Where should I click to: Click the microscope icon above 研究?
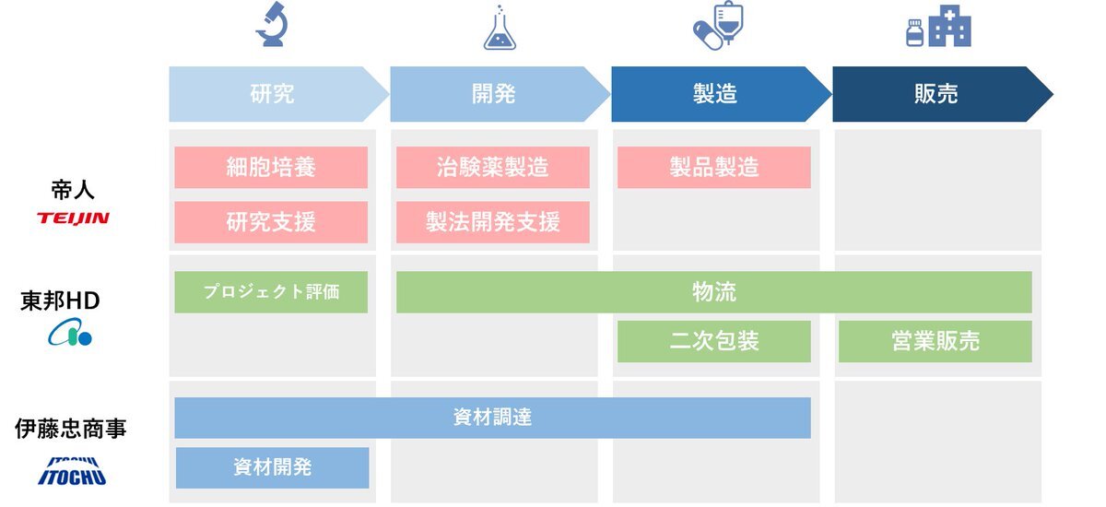(272, 24)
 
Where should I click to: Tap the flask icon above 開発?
(500, 28)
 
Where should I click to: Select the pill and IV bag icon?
(718, 26)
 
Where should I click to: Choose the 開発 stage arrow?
(500, 94)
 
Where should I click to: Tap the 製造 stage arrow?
(721, 94)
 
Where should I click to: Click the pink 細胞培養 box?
(271, 168)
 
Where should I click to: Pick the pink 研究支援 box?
(271, 222)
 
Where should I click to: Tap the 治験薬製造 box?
(493, 168)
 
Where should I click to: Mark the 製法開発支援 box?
(493, 222)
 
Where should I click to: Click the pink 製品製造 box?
(714, 168)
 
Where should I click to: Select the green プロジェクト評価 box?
(271, 292)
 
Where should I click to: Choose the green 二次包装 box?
(714, 342)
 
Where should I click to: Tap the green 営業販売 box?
(935, 342)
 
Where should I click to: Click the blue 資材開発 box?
(272, 468)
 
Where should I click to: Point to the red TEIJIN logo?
(73, 218)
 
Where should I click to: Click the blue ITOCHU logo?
(72, 471)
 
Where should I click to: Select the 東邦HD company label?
(60, 301)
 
